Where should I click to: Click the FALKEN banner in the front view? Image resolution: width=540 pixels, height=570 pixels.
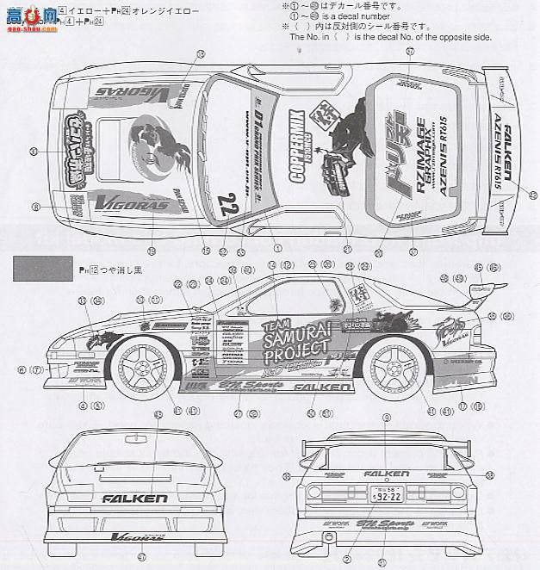(135, 499)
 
